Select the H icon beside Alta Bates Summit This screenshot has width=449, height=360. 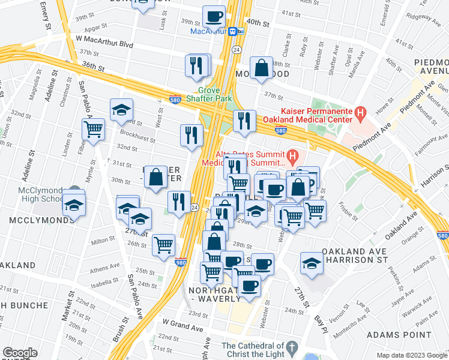292,157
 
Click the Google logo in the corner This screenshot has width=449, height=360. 19,353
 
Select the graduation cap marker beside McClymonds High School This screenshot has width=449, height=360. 74,204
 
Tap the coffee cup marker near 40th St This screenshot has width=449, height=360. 214,16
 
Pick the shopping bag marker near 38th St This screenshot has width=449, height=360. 262,68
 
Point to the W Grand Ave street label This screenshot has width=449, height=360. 183,328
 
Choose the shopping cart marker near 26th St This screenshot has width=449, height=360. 163,245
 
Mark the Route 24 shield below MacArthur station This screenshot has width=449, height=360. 237,49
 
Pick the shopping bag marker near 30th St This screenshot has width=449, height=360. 156,178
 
